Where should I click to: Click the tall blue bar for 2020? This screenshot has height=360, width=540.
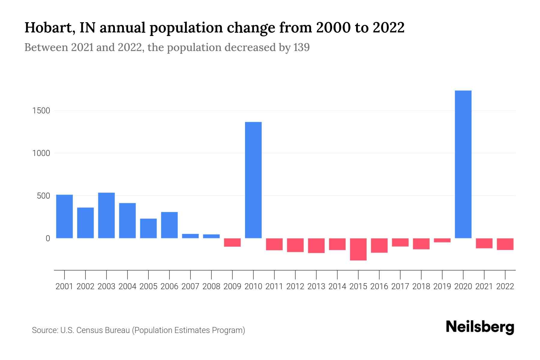(x=463, y=164)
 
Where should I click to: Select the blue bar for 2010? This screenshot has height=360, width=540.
(x=253, y=180)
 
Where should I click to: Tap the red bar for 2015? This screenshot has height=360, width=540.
(x=358, y=249)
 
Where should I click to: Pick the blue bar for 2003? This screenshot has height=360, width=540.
(x=106, y=215)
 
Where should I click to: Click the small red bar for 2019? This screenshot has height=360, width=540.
(x=442, y=240)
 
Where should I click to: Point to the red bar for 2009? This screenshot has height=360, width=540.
(x=232, y=242)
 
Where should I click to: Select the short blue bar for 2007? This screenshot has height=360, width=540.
(x=190, y=236)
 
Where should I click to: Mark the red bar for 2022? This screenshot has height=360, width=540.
(x=505, y=244)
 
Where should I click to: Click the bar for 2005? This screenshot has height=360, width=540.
(x=148, y=228)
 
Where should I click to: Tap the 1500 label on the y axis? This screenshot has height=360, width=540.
(x=41, y=111)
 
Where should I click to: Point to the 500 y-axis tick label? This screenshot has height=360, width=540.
(x=43, y=196)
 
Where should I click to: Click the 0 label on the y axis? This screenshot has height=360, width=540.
(x=48, y=238)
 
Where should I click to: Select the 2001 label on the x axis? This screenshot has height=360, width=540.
(x=64, y=286)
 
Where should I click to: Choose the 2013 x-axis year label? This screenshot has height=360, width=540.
(x=316, y=286)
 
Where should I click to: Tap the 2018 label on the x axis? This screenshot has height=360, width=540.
(x=421, y=286)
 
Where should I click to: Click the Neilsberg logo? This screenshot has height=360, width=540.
(x=480, y=327)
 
